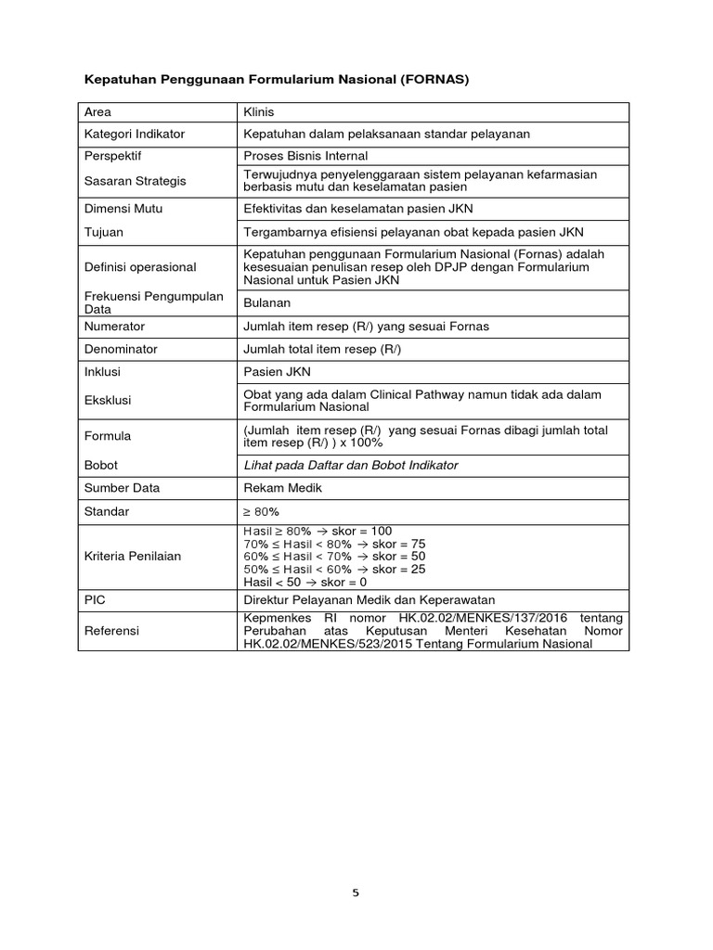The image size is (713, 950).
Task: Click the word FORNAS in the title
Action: click(435, 80)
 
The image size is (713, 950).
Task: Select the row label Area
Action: click(98, 111)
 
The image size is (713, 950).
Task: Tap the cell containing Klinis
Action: click(259, 111)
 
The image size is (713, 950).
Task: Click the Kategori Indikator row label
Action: click(134, 134)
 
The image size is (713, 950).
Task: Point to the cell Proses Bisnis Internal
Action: click(305, 156)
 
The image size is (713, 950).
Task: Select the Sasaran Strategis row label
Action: click(132, 181)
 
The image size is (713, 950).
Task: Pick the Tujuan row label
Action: click(103, 232)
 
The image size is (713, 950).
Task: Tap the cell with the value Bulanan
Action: click(266, 302)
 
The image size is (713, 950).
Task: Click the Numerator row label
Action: click(114, 327)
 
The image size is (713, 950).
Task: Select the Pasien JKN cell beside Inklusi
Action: click(275, 371)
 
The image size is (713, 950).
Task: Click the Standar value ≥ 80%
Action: click(261, 511)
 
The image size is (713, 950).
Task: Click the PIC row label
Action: click(95, 600)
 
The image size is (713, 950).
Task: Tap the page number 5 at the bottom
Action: click(355, 892)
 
